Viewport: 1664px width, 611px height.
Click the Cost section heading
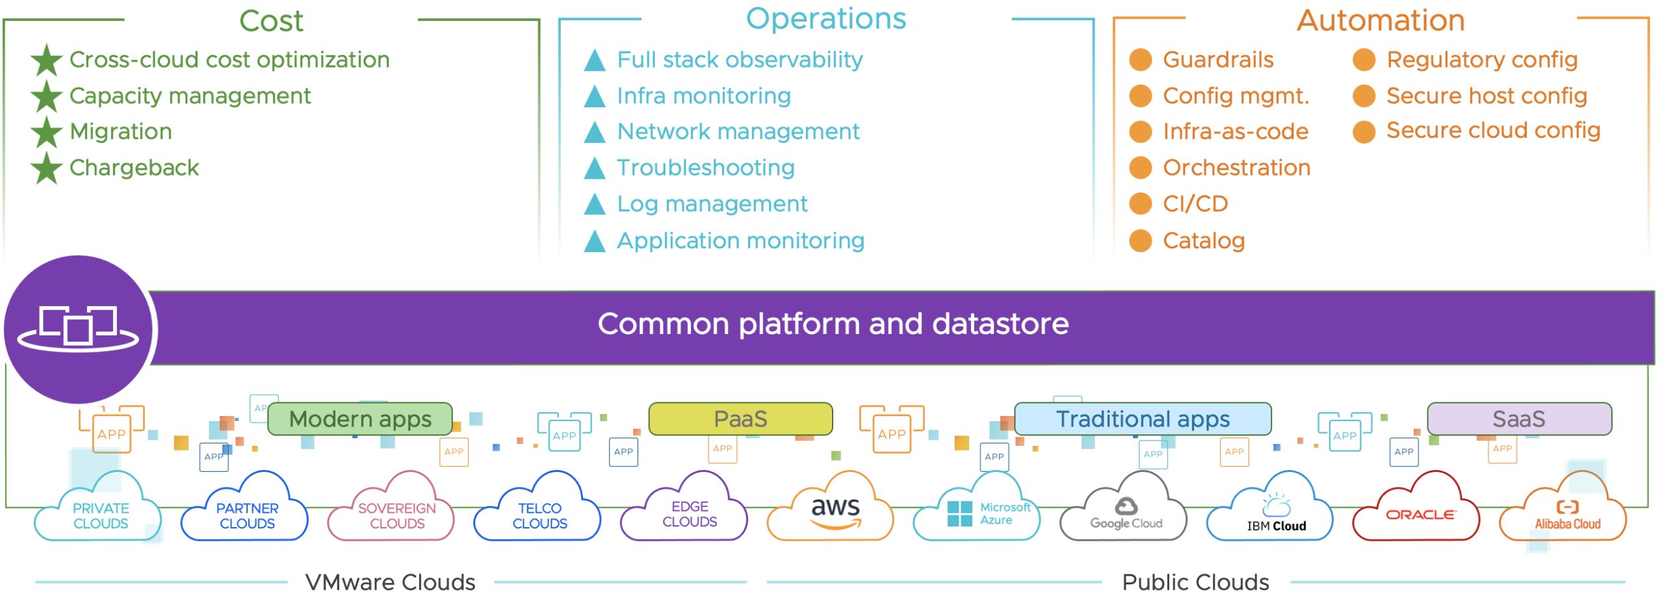click(271, 21)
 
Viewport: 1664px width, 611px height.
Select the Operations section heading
click(825, 18)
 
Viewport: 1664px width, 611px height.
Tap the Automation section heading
click(1381, 21)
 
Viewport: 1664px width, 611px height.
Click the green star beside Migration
click(47, 132)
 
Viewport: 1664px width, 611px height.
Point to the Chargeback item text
click(134, 168)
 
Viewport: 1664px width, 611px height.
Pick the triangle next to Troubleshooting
click(594, 168)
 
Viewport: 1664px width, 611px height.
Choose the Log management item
click(712, 204)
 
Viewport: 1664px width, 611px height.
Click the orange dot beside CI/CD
click(1140, 204)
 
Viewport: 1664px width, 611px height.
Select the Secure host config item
click(1487, 96)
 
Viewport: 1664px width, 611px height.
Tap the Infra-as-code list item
click(1235, 132)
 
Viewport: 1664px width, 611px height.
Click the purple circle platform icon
click(78, 329)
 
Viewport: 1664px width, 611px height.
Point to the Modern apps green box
click(360, 419)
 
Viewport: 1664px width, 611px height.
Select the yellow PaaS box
click(740, 419)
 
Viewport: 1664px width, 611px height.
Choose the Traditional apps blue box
click(1143, 419)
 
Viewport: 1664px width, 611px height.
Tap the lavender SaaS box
click(1518, 419)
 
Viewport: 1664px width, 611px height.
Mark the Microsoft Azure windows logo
click(959, 513)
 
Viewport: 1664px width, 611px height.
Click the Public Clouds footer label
click(1195, 582)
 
